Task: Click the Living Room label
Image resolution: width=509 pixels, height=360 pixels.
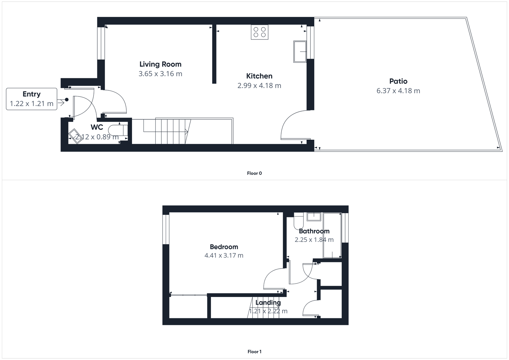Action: [x=160, y=64]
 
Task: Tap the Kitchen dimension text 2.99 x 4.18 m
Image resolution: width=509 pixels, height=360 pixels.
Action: [x=259, y=86]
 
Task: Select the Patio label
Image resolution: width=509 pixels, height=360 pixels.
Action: [x=398, y=81]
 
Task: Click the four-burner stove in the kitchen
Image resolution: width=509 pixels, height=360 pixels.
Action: [x=260, y=32]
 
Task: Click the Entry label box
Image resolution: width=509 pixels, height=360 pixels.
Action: [x=31, y=99]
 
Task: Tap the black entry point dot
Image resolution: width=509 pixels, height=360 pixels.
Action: [x=67, y=100]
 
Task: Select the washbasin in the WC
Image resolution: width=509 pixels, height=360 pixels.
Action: [x=75, y=137]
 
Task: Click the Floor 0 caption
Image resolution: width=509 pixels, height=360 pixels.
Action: [x=254, y=173]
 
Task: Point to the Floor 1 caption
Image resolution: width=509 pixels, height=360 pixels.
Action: [x=254, y=352]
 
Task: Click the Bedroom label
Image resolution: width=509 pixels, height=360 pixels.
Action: [x=224, y=247]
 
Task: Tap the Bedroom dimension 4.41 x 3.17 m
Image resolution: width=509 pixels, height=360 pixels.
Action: [x=224, y=255]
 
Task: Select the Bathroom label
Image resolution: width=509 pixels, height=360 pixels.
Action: [x=314, y=231]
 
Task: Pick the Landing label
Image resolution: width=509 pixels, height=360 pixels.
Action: [x=268, y=302]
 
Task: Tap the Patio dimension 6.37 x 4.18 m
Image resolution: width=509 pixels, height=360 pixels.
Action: [x=398, y=91]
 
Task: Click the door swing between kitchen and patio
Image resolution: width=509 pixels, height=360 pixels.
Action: [x=294, y=125]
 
